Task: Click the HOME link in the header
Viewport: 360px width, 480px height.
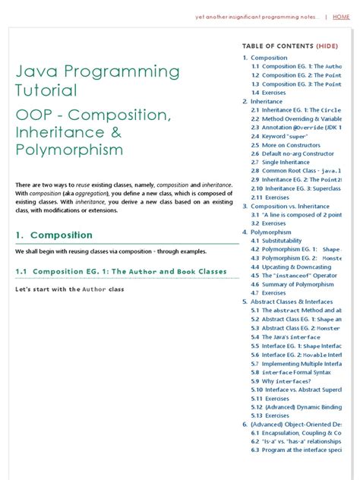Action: tap(341, 17)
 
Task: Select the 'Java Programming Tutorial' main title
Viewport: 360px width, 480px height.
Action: tap(98, 81)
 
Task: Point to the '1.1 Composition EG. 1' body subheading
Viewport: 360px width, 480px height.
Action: tap(121, 271)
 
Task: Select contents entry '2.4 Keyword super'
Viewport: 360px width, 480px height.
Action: tap(282, 136)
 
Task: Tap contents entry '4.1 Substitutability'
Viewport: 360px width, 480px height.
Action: tap(280, 240)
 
